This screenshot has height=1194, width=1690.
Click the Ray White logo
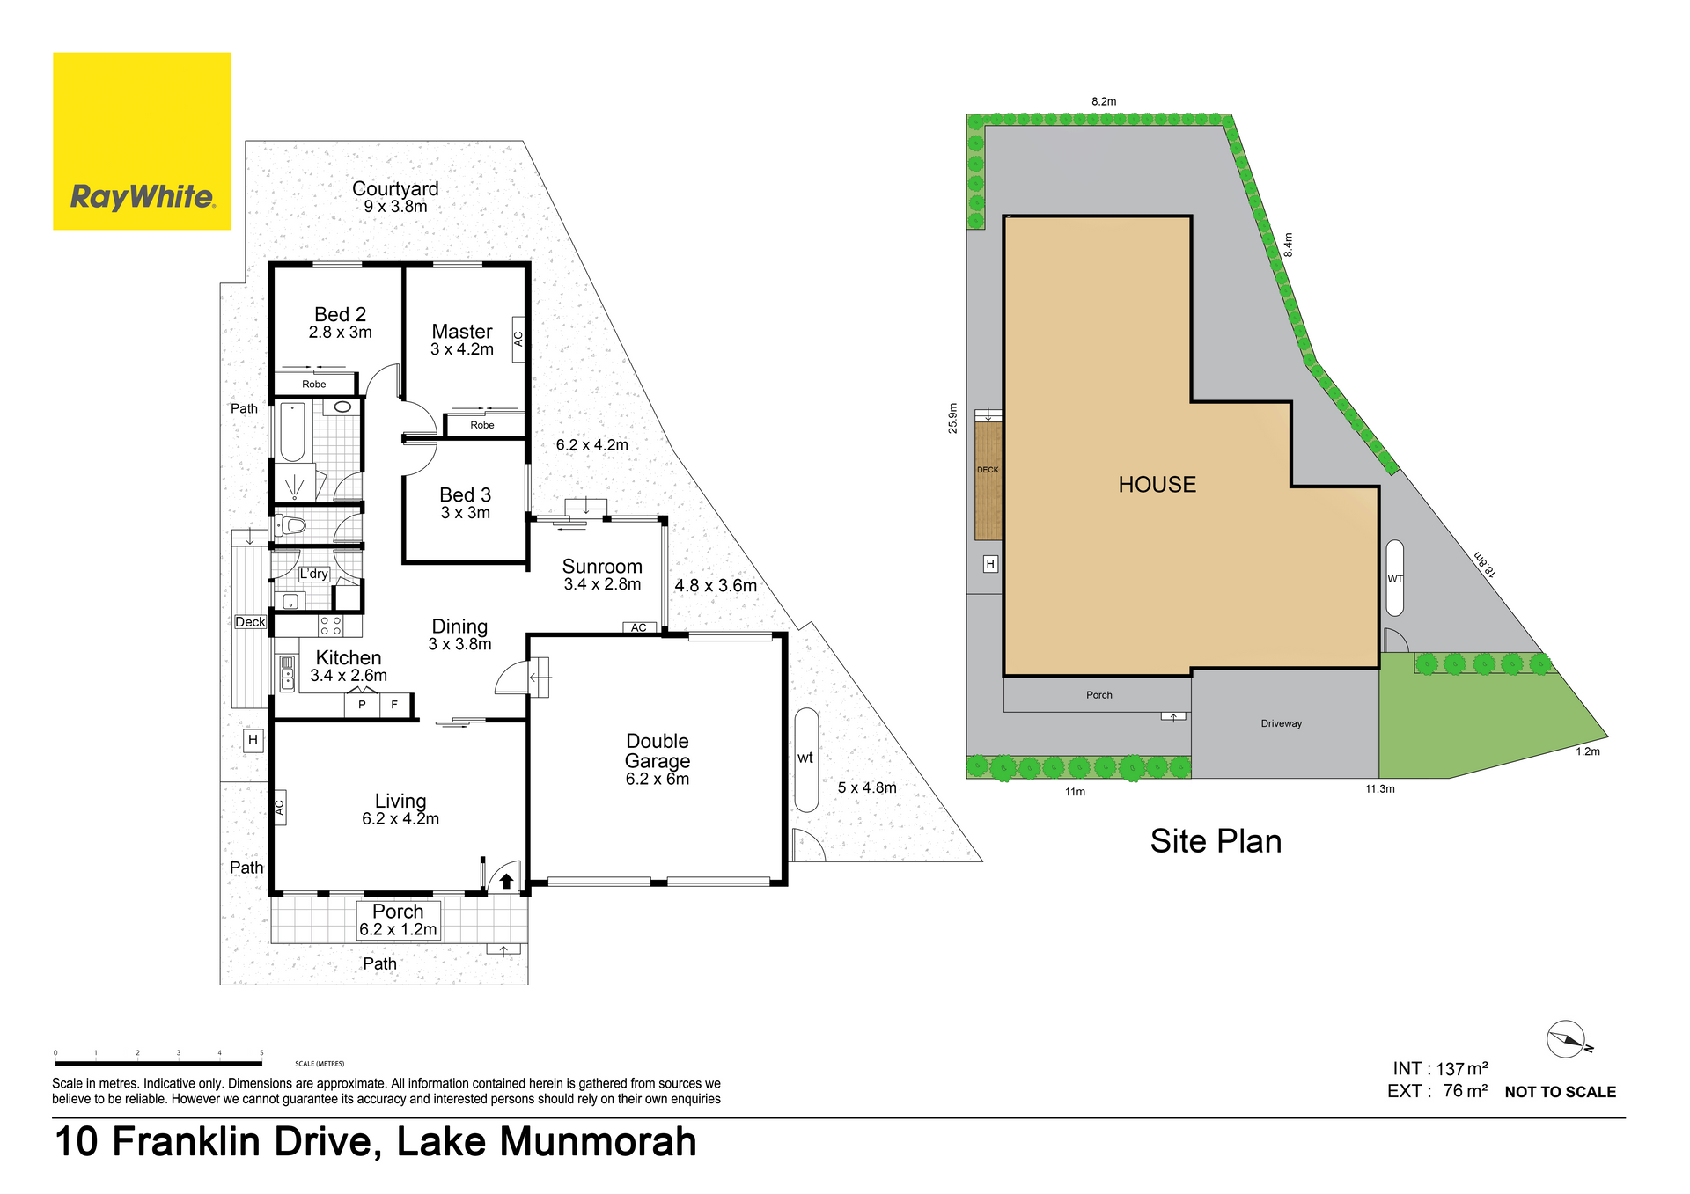click(x=142, y=141)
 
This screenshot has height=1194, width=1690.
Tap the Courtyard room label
click(x=395, y=189)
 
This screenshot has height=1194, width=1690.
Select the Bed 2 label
click(x=340, y=314)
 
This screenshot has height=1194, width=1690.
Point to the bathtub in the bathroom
click(x=292, y=432)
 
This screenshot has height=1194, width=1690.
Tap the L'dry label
click(x=314, y=574)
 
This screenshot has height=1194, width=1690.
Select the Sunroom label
click(x=602, y=567)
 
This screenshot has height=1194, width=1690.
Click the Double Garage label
click(x=658, y=751)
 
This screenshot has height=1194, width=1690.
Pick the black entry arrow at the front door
click(x=506, y=880)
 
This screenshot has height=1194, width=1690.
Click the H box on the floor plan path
click(x=253, y=740)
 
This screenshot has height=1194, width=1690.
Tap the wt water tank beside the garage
click(x=806, y=759)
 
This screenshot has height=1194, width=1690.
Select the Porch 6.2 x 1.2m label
click(x=398, y=920)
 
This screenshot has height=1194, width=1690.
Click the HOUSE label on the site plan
click(x=1157, y=485)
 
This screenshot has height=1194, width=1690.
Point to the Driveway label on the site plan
click(x=1281, y=723)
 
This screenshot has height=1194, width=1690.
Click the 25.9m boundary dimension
click(x=952, y=418)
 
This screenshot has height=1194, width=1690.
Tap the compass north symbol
click(x=1568, y=1040)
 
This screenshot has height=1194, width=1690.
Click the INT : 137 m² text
click(x=1440, y=1068)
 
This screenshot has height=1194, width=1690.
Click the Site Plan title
click(x=1216, y=841)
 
